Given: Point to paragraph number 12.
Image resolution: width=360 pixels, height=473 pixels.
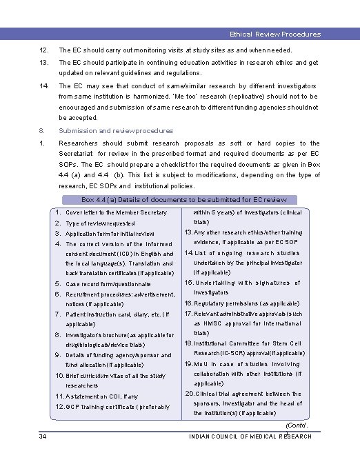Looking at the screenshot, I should [x=43, y=50].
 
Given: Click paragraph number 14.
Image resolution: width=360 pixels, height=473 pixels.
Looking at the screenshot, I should [x=43, y=86].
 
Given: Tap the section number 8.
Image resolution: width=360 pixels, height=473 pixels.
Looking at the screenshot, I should [x=41, y=130].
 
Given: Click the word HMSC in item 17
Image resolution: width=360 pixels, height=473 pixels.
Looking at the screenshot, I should [x=217, y=323].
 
